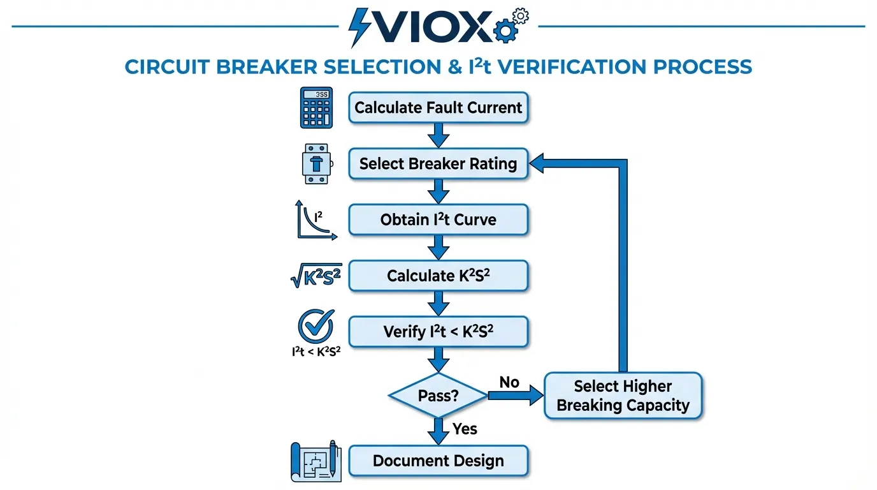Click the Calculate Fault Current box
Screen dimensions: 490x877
pos(438,108)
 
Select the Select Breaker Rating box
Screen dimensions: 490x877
pos(438,163)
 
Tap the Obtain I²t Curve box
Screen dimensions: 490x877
pos(438,219)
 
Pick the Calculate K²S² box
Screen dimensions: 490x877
pos(438,276)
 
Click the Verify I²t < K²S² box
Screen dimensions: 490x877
pos(438,332)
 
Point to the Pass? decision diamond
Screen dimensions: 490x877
pos(438,396)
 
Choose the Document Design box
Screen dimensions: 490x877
pos(438,461)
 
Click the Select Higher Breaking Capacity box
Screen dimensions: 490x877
pos(623,396)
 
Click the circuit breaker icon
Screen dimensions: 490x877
pos(316,164)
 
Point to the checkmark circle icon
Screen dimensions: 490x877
pos(316,327)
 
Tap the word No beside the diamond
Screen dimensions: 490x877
pos(509,382)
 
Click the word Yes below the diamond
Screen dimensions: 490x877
pos(465,429)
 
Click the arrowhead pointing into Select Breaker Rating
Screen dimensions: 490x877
pos(539,163)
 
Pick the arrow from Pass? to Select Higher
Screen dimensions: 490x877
pos(514,396)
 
